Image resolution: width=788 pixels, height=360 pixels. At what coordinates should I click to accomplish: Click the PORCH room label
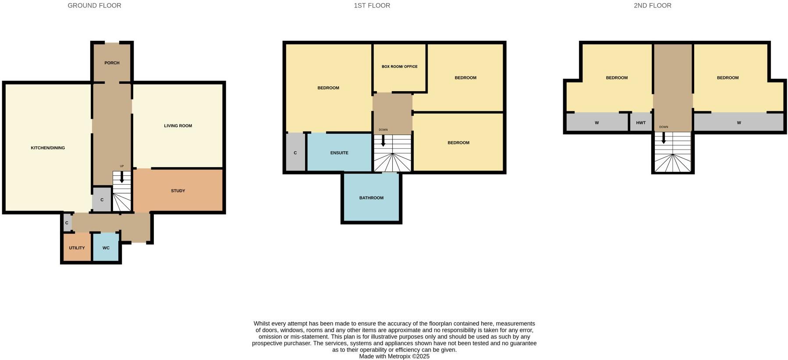click(112, 63)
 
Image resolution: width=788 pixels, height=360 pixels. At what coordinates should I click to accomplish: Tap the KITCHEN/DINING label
click(48, 148)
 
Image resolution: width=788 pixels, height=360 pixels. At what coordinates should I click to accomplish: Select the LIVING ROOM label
click(178, 126)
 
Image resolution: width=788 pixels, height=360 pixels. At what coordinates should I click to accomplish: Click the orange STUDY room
click(178, 191)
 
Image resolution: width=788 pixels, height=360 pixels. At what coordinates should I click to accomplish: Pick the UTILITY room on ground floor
click(77, 248)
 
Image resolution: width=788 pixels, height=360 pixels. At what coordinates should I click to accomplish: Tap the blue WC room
click(106, 248)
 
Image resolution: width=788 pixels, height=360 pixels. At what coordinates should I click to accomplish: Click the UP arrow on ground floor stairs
click(122, 178)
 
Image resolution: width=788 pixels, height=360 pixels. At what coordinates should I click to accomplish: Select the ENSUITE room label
click(339, 153)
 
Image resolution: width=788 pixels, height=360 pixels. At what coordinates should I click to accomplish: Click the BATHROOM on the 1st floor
click(371, 198)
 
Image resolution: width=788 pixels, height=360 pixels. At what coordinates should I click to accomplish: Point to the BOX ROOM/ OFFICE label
click(399, 67)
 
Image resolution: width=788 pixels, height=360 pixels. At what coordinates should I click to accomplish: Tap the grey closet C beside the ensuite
click(295, 153)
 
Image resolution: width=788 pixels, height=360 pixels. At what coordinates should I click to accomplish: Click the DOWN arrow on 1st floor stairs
click(383, 141)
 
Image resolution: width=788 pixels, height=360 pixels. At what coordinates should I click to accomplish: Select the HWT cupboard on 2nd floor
click(641, 123)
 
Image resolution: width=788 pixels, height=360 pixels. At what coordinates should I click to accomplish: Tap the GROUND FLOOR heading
click(94, 6)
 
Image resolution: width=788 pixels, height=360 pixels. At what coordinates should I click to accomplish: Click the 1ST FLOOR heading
click(372, 6)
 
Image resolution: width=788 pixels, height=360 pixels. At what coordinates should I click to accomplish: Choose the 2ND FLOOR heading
click(652, 6)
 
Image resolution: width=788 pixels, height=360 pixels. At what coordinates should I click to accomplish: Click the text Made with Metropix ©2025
click(394, 356)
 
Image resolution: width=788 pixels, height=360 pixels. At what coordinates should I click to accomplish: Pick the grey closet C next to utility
click(67, 223)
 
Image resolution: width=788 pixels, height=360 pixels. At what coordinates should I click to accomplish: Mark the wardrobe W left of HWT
click(596, 123)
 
